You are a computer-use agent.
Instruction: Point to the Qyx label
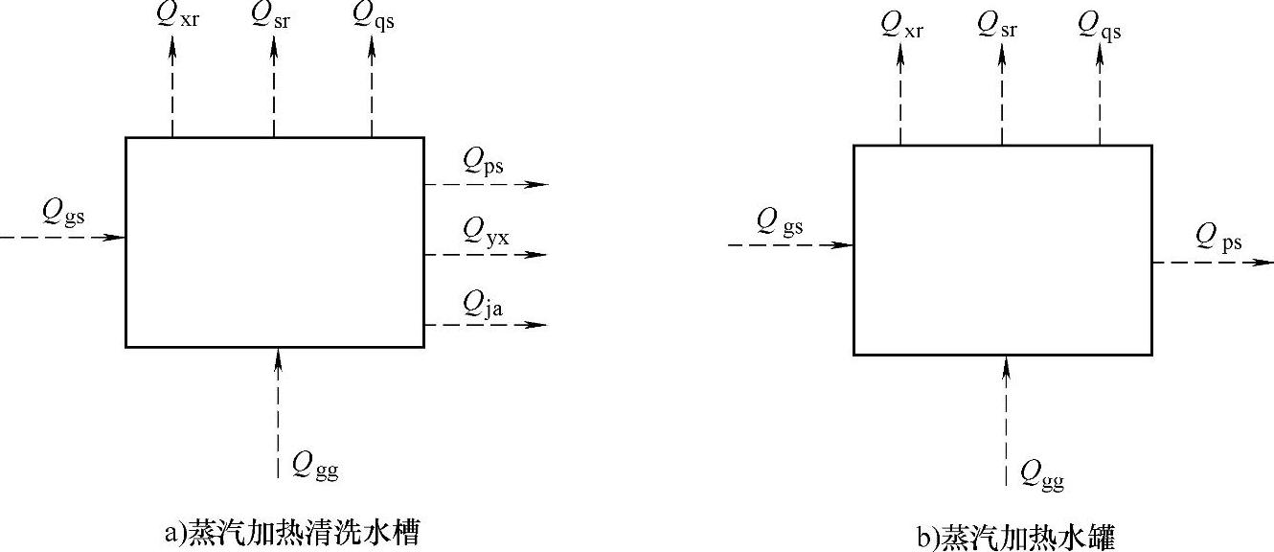[x=486, y=231]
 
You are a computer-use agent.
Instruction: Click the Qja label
[x=484, y=304]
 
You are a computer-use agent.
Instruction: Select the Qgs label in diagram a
[x=64, y=212]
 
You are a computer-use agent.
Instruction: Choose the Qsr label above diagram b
[x=998, y=26]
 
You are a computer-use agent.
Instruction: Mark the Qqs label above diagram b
[x=1101, y=26]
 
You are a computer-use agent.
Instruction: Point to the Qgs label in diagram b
[x=780, y=222]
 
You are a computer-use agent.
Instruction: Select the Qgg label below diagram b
[x=1042, y=472]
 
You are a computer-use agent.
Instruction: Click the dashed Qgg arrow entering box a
[x=279, y=412]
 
